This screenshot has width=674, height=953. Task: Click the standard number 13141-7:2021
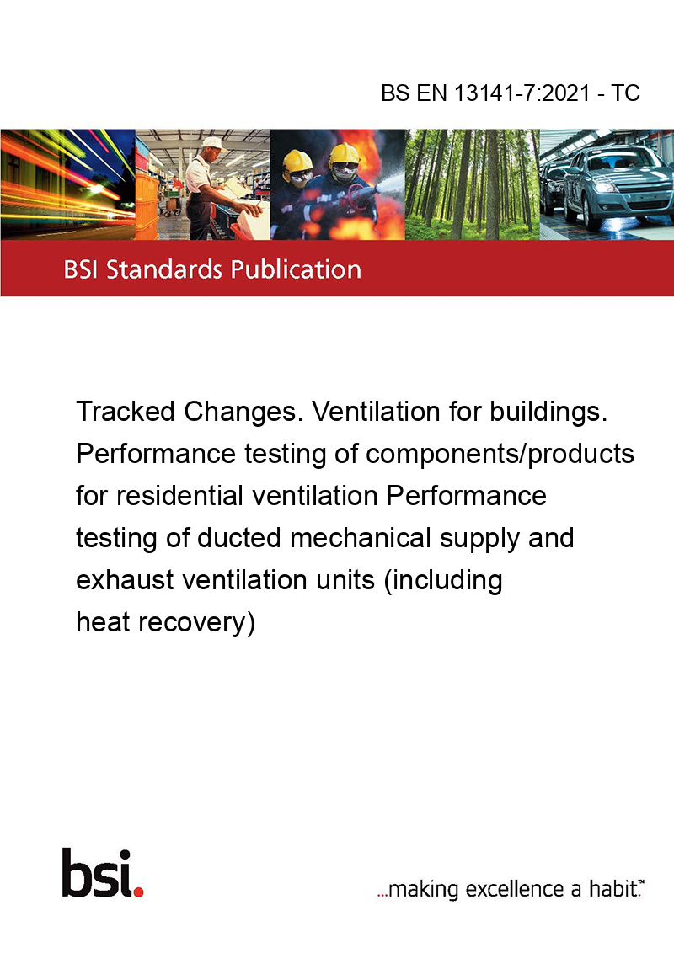(522, 93)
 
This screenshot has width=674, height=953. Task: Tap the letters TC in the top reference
(625, 93)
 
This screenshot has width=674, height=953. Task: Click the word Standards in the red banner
(164, 269)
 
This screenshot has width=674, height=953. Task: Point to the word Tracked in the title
(126, 412)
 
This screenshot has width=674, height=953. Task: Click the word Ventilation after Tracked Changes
(375, 412)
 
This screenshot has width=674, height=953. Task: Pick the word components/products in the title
(500, 455)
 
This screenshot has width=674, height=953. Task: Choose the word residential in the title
(179, 495)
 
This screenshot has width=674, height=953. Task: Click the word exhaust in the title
(125, 580)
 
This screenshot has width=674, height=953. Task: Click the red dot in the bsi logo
(138, 892)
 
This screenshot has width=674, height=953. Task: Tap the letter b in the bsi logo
(77, 873)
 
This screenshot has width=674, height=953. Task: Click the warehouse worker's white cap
(213, 143)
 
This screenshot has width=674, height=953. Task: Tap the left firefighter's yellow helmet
(297, 161)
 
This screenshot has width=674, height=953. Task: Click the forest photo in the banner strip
(472, 184)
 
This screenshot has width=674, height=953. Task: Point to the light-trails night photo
(67, 184)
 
